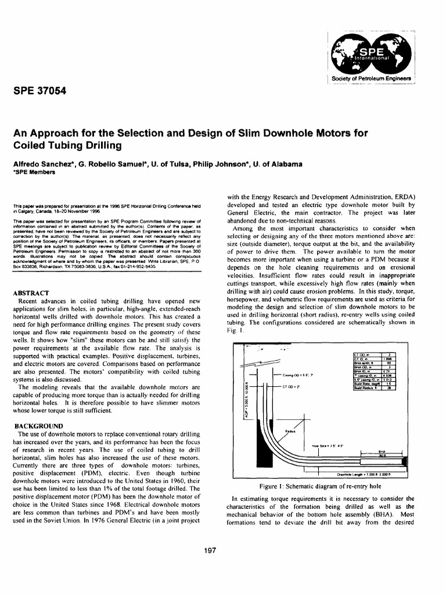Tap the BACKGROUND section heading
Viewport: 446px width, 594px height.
(38, 426)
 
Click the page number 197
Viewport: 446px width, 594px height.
(223, 550)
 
